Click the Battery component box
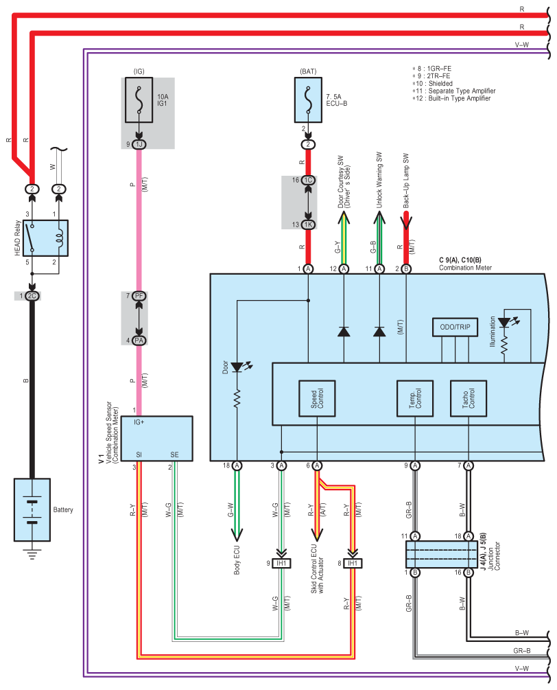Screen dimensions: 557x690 click(32, 509)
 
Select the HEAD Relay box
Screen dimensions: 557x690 click(46, 238)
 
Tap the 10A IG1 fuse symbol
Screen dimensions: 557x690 click(139, 100)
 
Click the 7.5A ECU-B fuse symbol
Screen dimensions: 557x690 click(308, 100)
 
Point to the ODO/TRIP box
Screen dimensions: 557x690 click(455, 327)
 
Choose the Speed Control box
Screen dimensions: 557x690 click(317, 398)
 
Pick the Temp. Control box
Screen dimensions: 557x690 click(415, 398)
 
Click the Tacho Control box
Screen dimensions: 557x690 click(469, 398)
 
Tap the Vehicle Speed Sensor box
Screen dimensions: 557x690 click(157, 438)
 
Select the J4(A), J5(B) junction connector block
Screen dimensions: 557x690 click(441, 554)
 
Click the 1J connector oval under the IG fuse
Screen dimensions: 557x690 click(139, 144)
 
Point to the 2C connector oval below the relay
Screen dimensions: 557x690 click(32, 296)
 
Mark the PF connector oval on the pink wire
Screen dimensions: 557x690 click(139, 296)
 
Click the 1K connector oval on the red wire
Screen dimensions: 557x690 click(308, 225)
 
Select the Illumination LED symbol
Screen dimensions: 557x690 click(508, 322)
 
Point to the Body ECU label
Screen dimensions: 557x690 click(237, 560)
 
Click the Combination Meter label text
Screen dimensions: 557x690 click(465, 268)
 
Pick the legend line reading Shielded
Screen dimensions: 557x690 click(433, 84)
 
